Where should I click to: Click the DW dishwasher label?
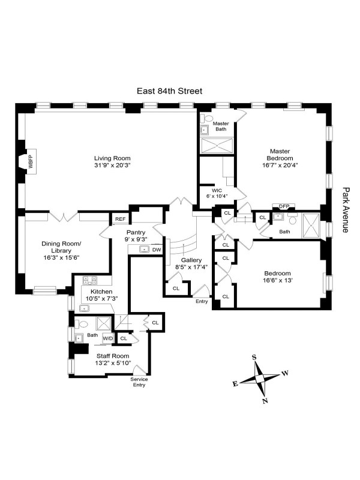click(157, 249)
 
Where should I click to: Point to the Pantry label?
click(136, 232)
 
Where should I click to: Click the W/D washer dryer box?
click(108, 338)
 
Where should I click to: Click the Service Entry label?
click(139, 382)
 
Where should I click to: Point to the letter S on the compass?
click(254, 357)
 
